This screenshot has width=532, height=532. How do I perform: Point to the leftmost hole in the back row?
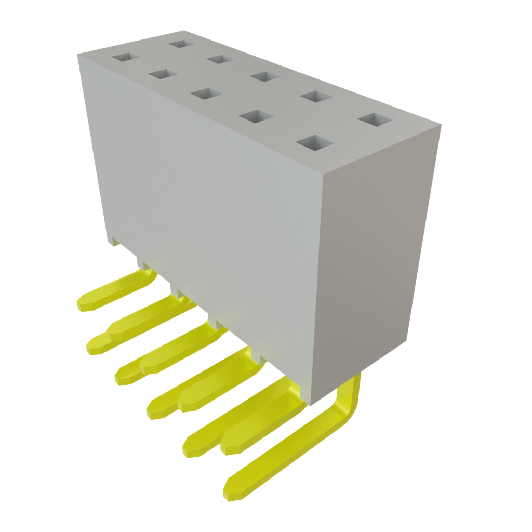click(181, 43)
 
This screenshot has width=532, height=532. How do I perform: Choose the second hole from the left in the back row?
click(220, 59)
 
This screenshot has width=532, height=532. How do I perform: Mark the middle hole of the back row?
click(263, 76)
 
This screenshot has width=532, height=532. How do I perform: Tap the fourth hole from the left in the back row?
click(316, 97)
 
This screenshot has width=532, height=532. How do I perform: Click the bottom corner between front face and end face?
click(310, 406)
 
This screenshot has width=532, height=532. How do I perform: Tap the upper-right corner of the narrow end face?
click(441, 125)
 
